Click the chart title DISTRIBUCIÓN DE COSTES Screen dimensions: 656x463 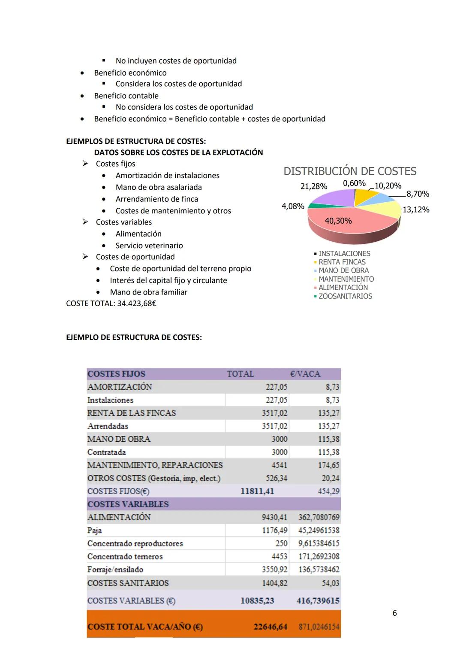point(350,171)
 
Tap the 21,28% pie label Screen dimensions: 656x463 point(313,186)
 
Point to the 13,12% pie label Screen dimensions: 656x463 point(415,210)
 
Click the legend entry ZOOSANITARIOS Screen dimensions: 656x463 point(345,296)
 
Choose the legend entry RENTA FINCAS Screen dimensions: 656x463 point(342,262)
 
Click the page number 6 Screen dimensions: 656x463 point(394,613)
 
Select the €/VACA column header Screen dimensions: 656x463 point(305,374)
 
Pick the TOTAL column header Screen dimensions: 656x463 point(240,374)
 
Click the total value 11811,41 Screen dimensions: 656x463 point(257,491)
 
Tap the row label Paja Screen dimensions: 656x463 point(94,530)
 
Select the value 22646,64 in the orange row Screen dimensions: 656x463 point(270,627)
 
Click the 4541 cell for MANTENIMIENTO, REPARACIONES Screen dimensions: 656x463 point(279,465)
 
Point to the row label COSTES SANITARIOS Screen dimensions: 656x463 point(128,583)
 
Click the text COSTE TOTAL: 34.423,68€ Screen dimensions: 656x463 point(111,304)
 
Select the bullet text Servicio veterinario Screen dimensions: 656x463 point(149,246)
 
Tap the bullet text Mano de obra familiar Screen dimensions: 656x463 point(148,292)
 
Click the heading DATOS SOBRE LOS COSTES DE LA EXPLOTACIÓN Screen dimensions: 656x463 point(178,152)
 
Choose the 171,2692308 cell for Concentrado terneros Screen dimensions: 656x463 point(319,556)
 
